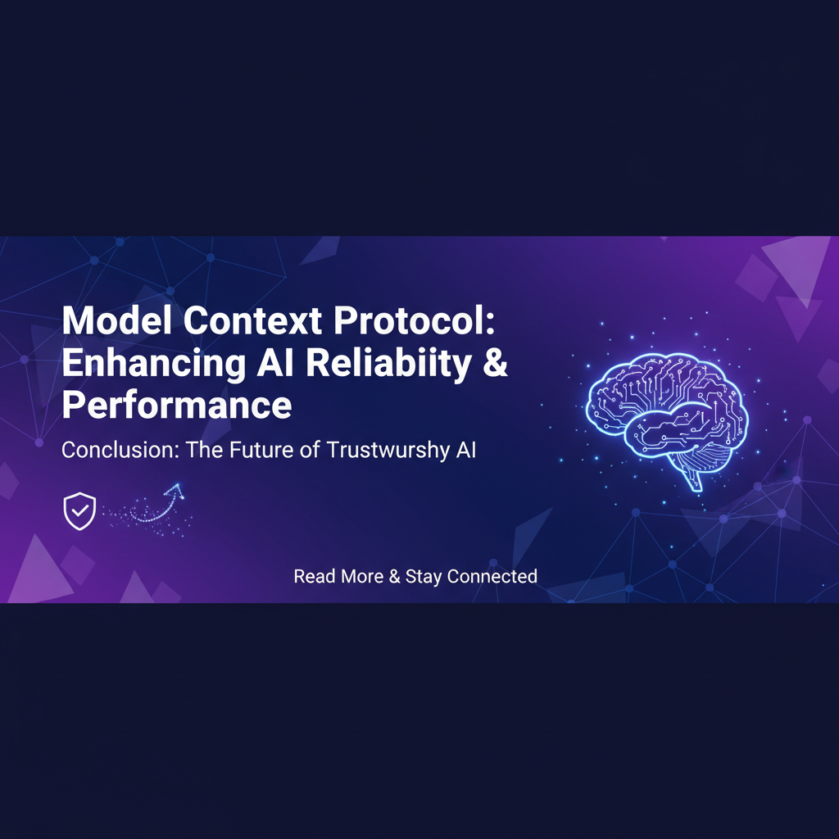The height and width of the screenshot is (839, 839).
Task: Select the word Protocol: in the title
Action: (x=415, y=320)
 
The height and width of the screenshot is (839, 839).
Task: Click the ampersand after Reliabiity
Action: (x=495, y=363)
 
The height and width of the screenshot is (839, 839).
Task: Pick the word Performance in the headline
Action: (x=177, y=405)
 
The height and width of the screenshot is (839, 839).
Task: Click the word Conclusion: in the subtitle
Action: (x=120, y=450)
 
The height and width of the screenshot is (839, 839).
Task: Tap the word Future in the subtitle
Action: (x=261, y=450)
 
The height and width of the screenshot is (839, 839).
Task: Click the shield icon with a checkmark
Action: (x=79, y=511)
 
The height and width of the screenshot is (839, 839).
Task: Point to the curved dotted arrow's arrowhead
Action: (x=176, y=490)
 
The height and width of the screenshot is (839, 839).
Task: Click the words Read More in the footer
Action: (x=338, y=576)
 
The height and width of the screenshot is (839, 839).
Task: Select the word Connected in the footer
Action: (x=492, y=576)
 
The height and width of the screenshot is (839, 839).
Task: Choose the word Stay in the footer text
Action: (x=424, y=577)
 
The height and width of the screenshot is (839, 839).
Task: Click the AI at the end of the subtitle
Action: (x=466, y=450)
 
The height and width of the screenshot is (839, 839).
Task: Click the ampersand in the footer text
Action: (x=394, y=576)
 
